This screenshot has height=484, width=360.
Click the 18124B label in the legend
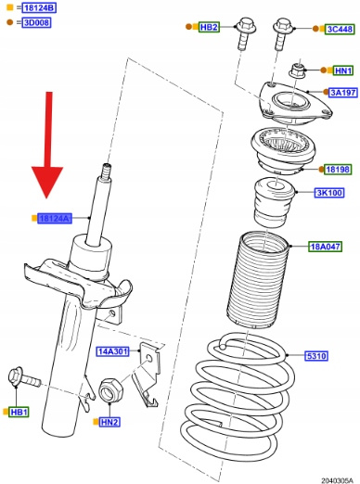tap(40, 7)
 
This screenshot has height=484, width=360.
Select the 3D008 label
tap(36, 22)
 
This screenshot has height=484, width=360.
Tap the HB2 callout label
tap(209, 27)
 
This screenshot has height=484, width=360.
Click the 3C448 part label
tap(340, 29)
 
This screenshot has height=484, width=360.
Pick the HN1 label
tap(343, 70)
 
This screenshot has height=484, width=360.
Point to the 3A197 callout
tap(343, 92)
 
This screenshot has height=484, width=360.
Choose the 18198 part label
tap(338, 170)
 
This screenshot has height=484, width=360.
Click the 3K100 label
tap(329, 193)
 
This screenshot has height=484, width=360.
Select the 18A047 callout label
tap(325, 247)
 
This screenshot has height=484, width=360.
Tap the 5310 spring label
tap(316, 356)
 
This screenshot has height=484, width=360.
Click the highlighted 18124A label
tap(55, 219)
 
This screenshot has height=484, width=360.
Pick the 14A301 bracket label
tap(112, 351)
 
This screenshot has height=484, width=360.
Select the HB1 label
tap(19, 412)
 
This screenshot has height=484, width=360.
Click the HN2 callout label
tap(109, 422)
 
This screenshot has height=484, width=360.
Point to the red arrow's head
tap(47, 182)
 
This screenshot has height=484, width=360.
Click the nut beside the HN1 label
tap(297, 71)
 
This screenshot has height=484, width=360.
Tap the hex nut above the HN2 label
tap(110, 390)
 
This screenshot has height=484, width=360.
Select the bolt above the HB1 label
tap(23, 377)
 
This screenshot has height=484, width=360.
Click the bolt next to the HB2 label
tap(245, 34)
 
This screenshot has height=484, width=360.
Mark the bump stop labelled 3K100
tap(274, 202)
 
